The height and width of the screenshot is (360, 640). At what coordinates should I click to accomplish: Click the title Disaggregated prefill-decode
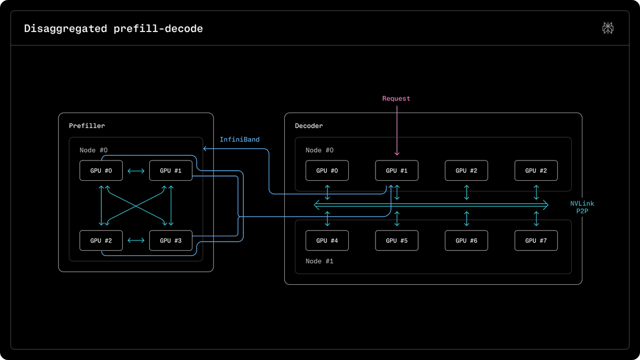coord(114,29)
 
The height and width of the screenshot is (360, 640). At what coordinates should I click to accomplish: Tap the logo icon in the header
coord(607,28)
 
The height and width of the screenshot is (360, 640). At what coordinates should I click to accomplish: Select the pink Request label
coord(396,99)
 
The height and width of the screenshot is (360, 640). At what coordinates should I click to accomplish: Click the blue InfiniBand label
coord(239,139)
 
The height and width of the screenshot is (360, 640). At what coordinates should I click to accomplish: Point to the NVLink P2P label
coord(582,207)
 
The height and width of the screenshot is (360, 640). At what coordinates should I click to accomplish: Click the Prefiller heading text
coord(87,126)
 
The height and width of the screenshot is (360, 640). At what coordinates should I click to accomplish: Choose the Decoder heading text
coord(309,126)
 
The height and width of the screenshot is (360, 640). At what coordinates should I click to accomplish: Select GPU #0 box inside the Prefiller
coord(101,171)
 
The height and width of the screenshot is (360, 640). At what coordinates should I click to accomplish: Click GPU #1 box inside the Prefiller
coord(171,171)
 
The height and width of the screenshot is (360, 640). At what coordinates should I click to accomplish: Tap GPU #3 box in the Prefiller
coord(171,241)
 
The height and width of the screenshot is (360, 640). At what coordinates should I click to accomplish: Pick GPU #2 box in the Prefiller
coord(101,241)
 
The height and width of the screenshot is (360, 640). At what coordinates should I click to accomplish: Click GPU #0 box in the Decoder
coord(327,171)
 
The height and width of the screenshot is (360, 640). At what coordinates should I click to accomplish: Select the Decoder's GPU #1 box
coord(397,171)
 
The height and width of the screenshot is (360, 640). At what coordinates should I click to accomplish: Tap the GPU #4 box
coord(327,241)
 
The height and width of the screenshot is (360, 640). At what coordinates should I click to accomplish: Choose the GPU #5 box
coord(397,241)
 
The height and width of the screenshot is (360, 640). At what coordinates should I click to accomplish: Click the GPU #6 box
coord(466,241)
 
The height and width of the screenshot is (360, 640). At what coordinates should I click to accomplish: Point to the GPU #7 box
coord(536,241)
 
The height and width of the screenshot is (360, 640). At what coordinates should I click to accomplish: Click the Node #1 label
coord(319,261)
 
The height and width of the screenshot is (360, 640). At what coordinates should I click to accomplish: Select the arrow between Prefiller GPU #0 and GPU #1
coord(136,171)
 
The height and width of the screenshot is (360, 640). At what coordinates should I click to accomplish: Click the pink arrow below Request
coord(397,131)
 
